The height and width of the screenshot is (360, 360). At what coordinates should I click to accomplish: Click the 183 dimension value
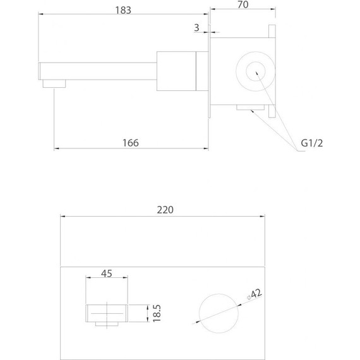click(123, 10)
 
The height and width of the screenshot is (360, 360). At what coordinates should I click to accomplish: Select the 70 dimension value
click(243, 4)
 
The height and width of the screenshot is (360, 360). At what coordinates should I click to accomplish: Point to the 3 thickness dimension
click(196, 28)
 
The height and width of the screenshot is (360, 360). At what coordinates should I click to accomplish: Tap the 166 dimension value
click(130, 143)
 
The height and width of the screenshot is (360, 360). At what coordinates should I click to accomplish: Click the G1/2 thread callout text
click(312, 143)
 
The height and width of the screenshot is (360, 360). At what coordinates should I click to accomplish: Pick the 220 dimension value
click(165, 210)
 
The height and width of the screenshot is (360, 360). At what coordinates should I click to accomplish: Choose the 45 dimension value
click(107, 273)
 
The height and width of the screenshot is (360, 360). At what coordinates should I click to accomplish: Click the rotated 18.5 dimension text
click(157, 313)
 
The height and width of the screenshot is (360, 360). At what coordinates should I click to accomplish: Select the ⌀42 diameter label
click(255, 294)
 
